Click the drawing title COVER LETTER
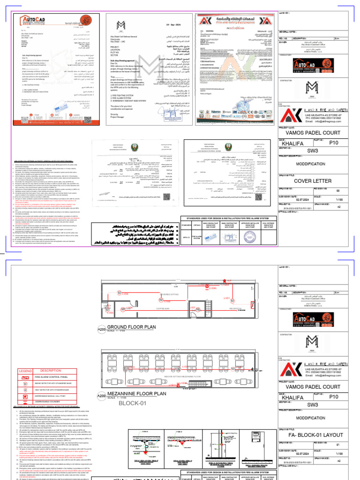(315, 180)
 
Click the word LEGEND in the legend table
(25, 371)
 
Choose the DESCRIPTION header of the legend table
(51, 370)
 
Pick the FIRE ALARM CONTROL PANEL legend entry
(51, 377)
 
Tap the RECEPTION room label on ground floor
(220, 308)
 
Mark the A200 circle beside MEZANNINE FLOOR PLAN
(102, 396)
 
